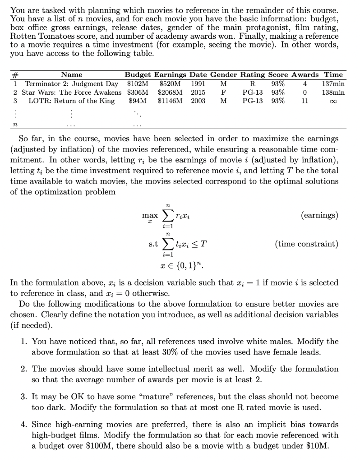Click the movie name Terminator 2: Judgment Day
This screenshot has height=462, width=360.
point(71,83)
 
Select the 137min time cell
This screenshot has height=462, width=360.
point(333,83)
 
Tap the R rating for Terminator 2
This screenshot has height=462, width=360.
point(253,83)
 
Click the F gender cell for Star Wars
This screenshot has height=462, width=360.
point(223,92)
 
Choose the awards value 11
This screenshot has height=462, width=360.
point(305,101)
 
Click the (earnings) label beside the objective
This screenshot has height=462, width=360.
point(319,215)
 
